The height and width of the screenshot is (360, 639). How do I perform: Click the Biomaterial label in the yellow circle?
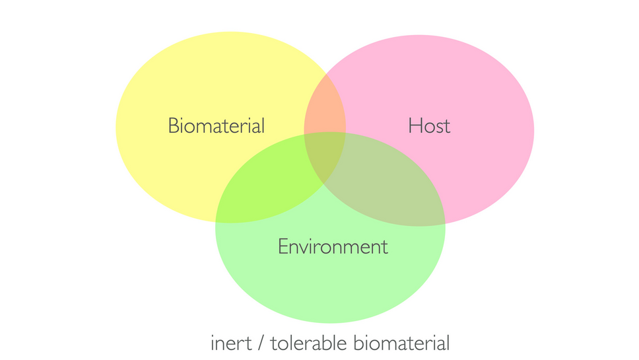pyautogui.click(x=217, y=126)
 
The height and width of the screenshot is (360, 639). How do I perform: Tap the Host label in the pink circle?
pyautogui.click(x=429, y=126)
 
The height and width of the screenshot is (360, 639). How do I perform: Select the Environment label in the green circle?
pyautogui.click(x=333, y=246)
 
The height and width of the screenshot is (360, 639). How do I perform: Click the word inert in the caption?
pyautogui.click(x=231, y=343)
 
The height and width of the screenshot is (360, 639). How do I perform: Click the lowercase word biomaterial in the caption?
pyautogui.click(x=401, y=343)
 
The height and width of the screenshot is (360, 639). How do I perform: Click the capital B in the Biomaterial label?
pyautogui.click(x=173, y=126)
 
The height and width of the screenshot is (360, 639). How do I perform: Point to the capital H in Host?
pyautogui.click(x=415, y=126)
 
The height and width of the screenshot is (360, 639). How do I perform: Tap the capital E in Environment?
pyautogui.click(x=283, y=246)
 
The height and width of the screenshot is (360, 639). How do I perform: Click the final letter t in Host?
pyautogui.click(x=447, y=127)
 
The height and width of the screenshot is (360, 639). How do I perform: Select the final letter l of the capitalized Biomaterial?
pyautogui.click(x=263, y=126)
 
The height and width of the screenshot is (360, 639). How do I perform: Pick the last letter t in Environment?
pyautogui.click(x=385, y=248)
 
